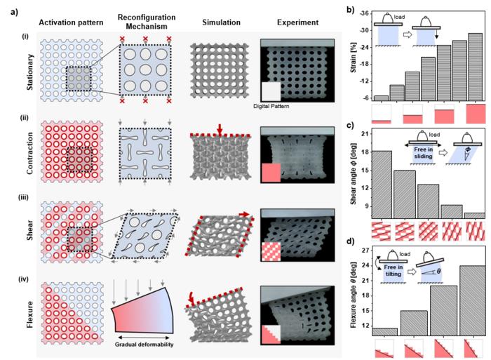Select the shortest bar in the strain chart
[x=382, y=98]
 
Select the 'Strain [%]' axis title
[x=349, y=56]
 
